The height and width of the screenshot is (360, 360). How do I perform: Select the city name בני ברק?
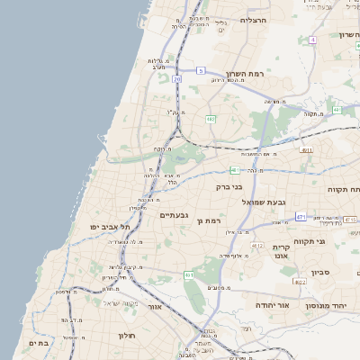tap(230, 187)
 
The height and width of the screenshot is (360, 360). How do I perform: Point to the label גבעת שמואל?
tap(263, 202)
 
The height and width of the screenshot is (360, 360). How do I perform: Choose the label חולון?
tap(125, 336)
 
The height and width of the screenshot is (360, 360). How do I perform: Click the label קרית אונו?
tap(282, 251)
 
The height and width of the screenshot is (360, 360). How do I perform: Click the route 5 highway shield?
tap(202, 70)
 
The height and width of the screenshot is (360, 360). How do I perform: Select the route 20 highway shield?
tap(177, 79)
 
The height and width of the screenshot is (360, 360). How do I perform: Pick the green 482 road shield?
tap(210, 118)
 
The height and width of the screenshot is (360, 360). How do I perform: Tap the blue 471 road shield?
tap(301, 216)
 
